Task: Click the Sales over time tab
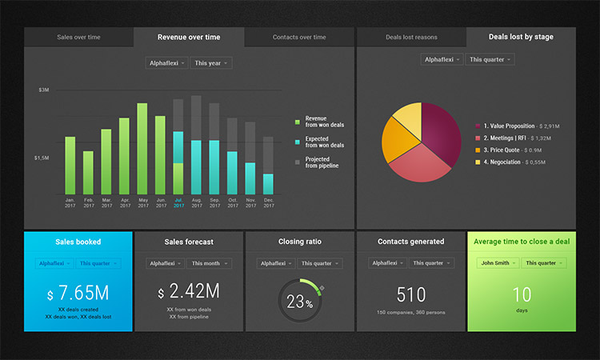[78, 38]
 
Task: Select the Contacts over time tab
[299, 38]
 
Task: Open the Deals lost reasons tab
[411, 38]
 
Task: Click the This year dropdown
[211, 62]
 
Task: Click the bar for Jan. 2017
[70, 166]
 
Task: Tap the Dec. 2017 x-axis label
[269, 202]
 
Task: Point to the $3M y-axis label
[44, 90]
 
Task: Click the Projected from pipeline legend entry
[322, 162]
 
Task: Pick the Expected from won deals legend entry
[324, 142]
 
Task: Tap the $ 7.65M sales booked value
[78, 292]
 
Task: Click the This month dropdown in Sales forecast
[210, 263]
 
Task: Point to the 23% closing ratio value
[299, 302]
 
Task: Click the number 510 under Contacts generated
[410, 294]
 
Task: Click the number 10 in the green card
[522, 294]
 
